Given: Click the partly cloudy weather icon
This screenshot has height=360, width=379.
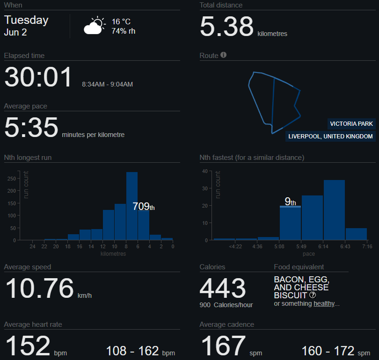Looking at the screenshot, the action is coord(95,25).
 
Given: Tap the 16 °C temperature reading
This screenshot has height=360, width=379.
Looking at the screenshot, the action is coord(121,22).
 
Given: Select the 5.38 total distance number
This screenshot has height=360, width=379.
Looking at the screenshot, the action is coord(227,26).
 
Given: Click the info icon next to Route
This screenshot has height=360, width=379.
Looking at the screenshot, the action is coord(224,55).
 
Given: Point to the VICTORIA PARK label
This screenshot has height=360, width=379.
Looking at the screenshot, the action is coord(351,124).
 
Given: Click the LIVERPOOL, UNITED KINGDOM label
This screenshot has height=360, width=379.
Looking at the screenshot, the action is coord(330,137).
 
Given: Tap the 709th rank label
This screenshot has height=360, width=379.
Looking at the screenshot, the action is coord(144,207).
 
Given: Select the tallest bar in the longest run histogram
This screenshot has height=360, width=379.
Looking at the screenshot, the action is coord(132,206).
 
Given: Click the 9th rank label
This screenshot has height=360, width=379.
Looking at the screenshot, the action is coord(290,202).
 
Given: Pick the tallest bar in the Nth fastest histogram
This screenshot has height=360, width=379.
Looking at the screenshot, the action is coord(334,210).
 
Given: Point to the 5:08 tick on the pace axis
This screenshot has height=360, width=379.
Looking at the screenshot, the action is coord(279,246).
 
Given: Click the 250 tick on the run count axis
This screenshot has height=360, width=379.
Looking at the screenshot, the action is coord(12,179).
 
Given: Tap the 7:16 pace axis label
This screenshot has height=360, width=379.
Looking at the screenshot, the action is coord(367,246).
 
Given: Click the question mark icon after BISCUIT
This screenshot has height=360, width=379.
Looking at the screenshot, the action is coord(313,295).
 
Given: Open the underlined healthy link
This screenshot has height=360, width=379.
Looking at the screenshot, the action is coord(324,303).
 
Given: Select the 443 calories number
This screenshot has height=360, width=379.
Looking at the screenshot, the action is coord(223,288).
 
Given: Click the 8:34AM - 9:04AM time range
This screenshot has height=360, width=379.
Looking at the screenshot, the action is coord(107,84).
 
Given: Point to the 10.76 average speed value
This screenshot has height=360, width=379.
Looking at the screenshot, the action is coord(39,288).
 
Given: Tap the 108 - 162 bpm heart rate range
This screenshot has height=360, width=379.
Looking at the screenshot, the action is coord(140,351).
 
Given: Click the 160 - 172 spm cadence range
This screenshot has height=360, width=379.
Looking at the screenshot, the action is coord(336,351).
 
